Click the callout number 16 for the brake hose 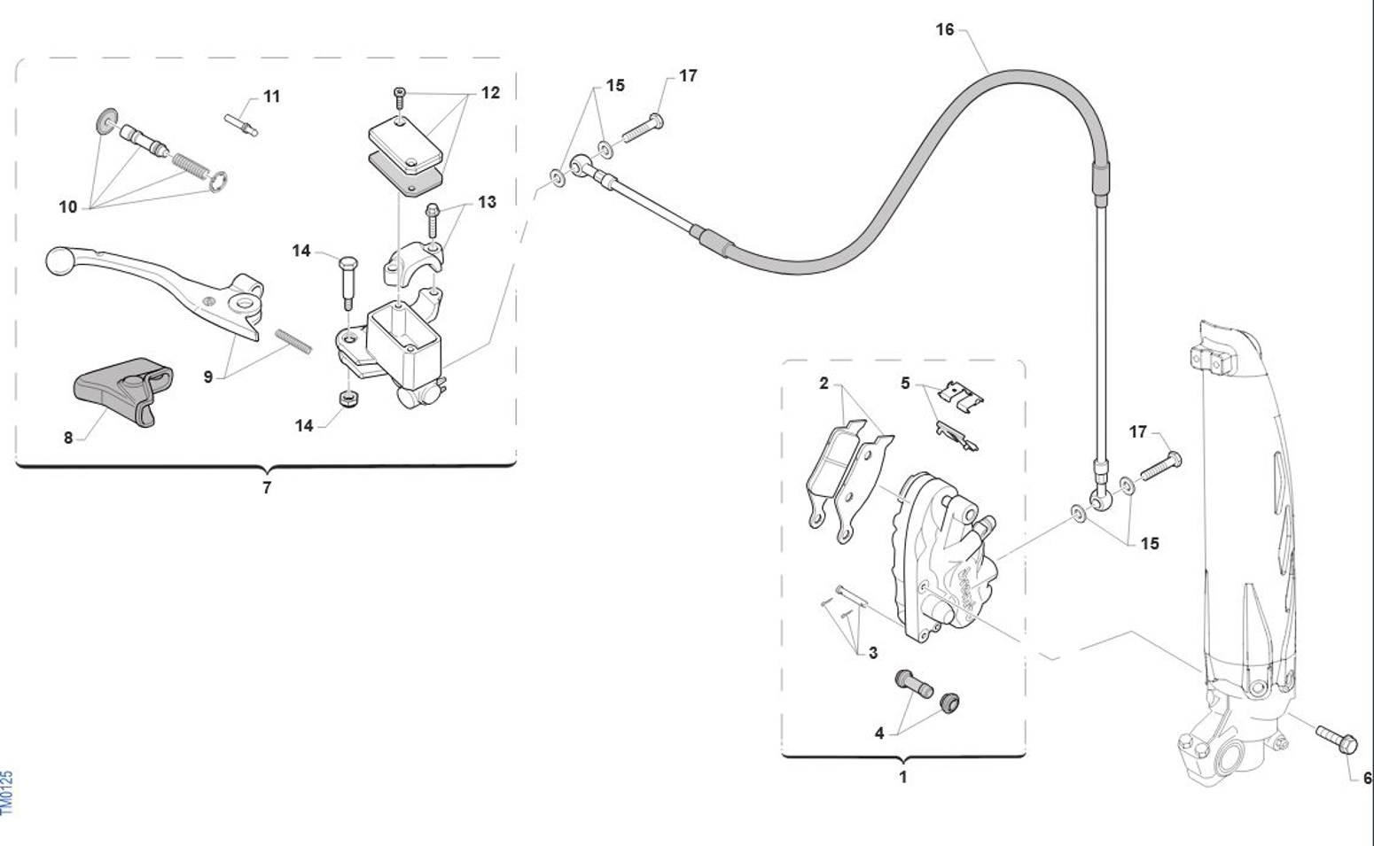945,29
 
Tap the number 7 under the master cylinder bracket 267,488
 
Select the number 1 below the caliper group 903,777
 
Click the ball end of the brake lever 60,260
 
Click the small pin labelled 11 241,124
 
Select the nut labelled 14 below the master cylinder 349,400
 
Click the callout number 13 487,202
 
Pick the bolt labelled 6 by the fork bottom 1336,740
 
